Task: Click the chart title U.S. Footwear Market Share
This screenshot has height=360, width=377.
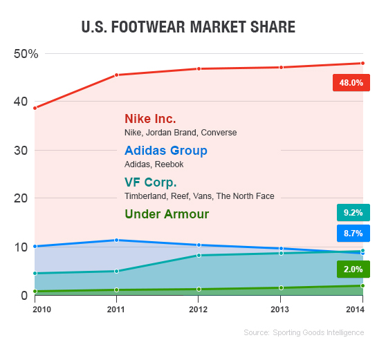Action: tap(188, 28)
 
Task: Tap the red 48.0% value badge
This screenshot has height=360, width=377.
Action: tap(351, 83)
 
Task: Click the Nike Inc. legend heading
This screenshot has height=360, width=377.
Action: tap(150, 119)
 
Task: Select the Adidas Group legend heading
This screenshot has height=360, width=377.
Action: tap(165, 151)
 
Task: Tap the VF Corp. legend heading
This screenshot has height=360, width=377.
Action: tap(150, 182)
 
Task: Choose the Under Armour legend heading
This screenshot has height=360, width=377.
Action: tap(167, 214)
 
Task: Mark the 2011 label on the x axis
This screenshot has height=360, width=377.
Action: tap(116, 308)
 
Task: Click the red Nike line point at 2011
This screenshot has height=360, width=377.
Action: tap(116, 75)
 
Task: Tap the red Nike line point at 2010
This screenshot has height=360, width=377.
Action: tap(35, 108)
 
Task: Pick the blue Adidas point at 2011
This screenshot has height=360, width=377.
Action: tap(116, 240)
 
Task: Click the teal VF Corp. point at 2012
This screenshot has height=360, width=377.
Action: tap(199, 255)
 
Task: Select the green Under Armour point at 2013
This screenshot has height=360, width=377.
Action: tap(281, 287)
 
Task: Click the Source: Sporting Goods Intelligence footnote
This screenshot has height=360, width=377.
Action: tap(303, 333)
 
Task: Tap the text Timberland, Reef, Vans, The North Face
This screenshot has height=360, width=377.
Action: tap(199, 196)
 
